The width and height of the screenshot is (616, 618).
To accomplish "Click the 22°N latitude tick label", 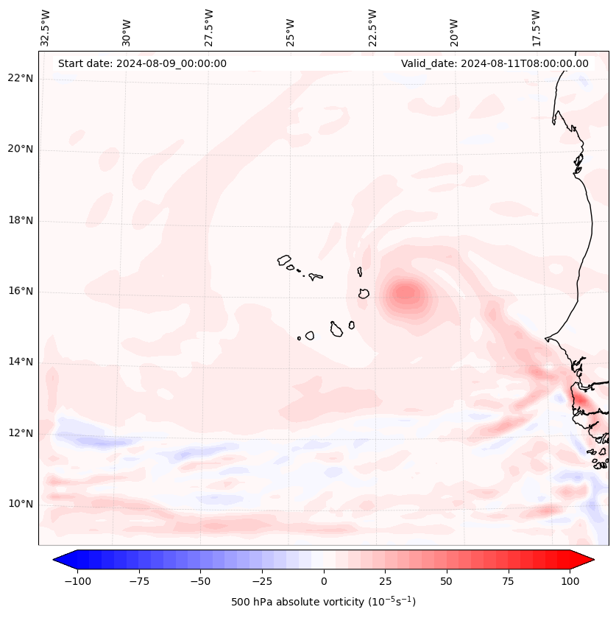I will [x=21, y=78].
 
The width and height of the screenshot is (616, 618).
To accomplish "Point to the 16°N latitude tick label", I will [x=21, y=291].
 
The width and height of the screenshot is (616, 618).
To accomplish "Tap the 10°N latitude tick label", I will [x=21, y=504].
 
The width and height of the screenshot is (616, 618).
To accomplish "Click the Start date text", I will [x=142, y=63].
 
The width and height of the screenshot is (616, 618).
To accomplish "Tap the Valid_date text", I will [x=495, y=63].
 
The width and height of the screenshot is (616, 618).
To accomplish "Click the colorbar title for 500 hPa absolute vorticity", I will [x=323, y=602].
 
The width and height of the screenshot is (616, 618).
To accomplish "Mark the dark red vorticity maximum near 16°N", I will [x=406, y=293].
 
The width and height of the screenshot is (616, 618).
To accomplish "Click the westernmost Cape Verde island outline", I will [x=284, y=260].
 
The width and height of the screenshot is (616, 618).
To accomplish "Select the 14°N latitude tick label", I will [x=21, y=362].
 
